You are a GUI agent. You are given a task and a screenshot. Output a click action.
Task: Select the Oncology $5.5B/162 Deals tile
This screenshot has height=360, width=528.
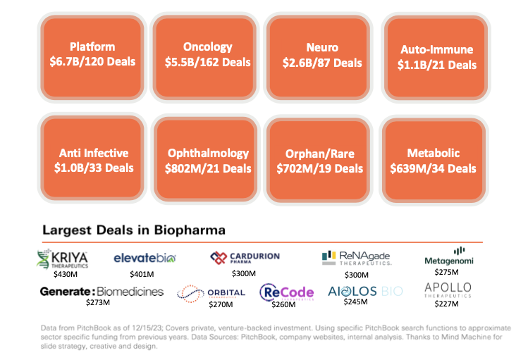tap(208, 55)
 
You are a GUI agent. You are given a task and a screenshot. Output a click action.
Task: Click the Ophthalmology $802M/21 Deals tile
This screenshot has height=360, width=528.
tap(208, 161)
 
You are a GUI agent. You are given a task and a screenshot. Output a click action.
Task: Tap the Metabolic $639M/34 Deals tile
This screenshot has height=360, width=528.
tap(433, 161)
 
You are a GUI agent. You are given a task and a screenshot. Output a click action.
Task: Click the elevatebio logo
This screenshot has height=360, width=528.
tap(145, 259)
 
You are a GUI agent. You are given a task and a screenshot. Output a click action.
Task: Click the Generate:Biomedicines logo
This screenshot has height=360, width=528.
tap(102, 291)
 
